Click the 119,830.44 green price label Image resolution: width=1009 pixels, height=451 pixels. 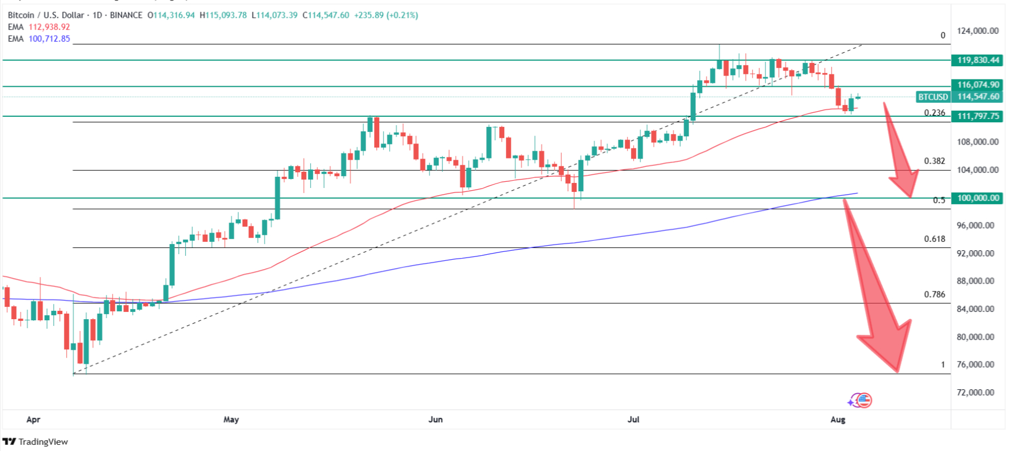tap(978, 60)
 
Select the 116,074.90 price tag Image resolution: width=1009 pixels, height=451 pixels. tap(978, 85)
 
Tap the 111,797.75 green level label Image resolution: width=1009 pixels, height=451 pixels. tap(978, 116)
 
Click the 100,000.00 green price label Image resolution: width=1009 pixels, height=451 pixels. tap(978, 198)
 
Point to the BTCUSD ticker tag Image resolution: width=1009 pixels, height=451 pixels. tap(933, 97)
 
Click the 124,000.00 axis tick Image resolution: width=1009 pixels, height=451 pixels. tap(977, 31)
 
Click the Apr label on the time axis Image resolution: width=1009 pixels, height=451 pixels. tap(33, 419)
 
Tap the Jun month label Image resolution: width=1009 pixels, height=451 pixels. tap(435, 419)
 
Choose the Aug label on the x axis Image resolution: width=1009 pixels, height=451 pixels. tap(838, 419)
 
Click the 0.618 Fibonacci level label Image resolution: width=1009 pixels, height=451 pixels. tap(935, 239)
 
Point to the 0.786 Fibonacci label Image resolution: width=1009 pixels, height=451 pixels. tap(935, 295)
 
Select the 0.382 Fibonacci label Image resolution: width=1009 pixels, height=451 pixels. tap(935, 161)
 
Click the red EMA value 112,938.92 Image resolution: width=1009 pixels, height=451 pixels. tap(49, 27)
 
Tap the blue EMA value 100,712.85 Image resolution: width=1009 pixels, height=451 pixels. tap(49, 39)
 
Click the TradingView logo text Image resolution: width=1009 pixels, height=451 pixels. tap(43, 442)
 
